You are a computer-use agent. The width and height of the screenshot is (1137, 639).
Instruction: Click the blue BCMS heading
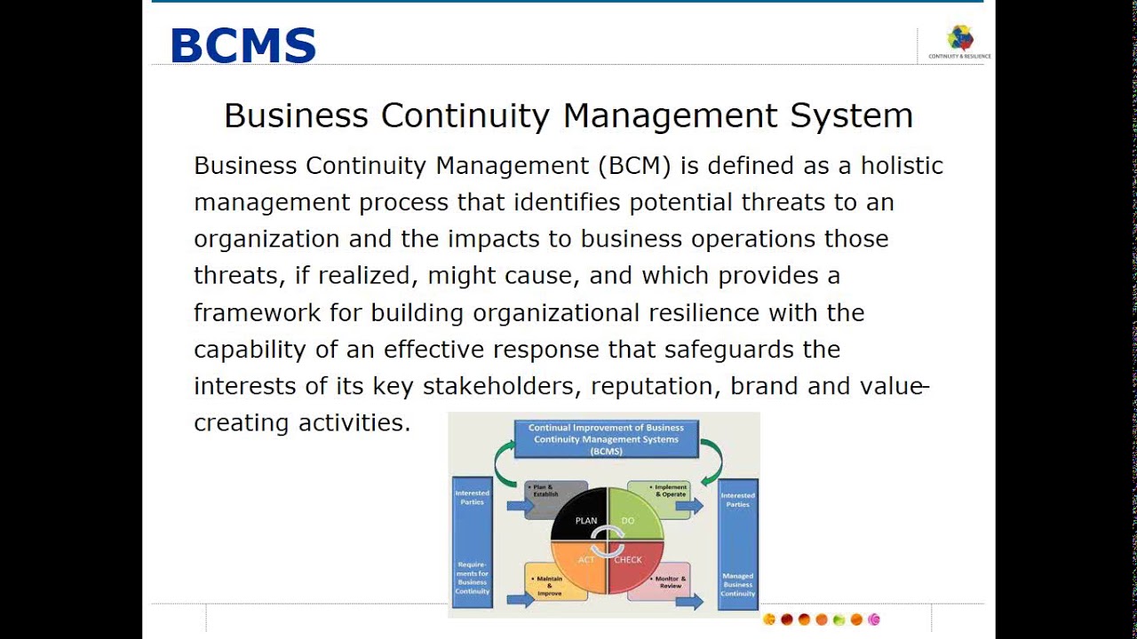[x=243, y=45]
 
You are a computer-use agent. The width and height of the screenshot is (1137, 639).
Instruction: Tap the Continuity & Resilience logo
[x=959, y=40]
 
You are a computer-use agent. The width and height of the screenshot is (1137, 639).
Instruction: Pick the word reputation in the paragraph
[x=648, y=386]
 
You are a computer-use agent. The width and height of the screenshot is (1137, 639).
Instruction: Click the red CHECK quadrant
[x=634, y=565]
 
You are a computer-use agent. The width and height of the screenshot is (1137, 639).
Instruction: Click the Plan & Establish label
[x=545, y=491]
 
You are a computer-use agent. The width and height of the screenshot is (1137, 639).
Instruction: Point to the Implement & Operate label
[x=670, y=491]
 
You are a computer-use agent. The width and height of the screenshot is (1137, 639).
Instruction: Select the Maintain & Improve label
[x=550, y=586]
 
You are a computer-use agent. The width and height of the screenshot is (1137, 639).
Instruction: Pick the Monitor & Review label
[x=669, y=582]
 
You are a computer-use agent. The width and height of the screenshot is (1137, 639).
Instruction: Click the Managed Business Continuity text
[x=737, y=585]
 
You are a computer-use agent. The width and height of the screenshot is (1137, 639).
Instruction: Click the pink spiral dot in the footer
[x=873, y=619]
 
